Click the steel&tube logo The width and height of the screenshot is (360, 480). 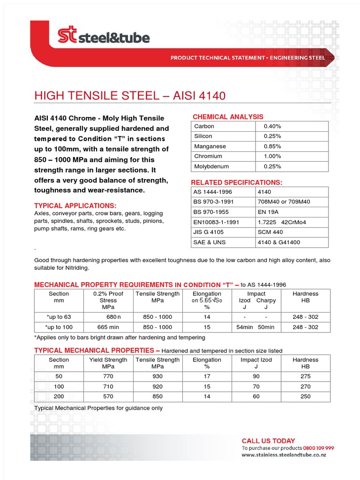pyautogui.click(x=103, y=36)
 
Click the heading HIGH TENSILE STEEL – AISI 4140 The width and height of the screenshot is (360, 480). pyautogui.click(x=130, y=96)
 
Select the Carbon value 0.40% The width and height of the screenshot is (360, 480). pyautogui.click(x=272, y=126)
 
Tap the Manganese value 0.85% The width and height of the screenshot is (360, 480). pyautogui.click(x=272, y=146)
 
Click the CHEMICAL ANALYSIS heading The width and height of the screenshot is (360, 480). pyautogui.click(x=228, y=117)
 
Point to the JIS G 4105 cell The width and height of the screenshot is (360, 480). pyautogui.click(x=209, y=232)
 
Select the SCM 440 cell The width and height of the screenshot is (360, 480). pyautogui.click(x=270, y=232)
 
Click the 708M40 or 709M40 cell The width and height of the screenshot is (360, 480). pyautogui.click(x=284, y=202)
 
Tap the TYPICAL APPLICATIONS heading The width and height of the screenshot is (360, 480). pyautogui.click(x=75, y=206)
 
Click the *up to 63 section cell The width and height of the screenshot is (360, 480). pyautogui.click(x=59, y=317)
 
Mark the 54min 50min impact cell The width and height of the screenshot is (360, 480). pyautogui.click(x=256, y=327)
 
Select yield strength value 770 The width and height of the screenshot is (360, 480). pyautogui.click(x=108, y=376)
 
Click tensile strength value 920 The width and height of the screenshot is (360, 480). pyautogui.click(x=157, y=387)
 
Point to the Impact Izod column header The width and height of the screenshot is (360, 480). pyautogui.click(x=256, y=363)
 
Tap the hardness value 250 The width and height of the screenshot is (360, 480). pyautogui.click(x=305, y=397)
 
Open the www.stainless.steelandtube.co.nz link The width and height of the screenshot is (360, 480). pyautogui.click(x=284, y=455)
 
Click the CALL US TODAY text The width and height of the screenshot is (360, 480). pyautogui.click(x=268, y=441)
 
